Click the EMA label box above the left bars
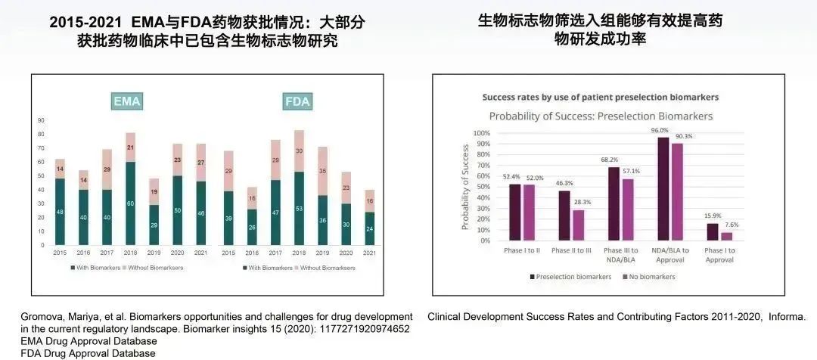coord(127,101)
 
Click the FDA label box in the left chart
coord(297,101)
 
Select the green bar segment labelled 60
coord(131,203)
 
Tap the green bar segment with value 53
coord(300,208)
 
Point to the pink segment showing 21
coord(131,147)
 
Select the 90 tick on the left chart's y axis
coord(41,120)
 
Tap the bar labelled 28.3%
coord(578,225)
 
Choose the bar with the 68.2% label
coord(614,203)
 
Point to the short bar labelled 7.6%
coord(728,236)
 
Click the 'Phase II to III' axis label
coord(572,250)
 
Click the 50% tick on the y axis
coord(481,187)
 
